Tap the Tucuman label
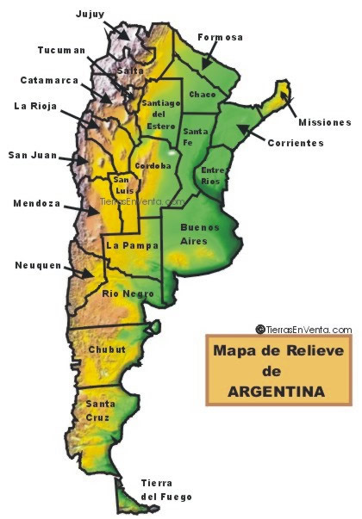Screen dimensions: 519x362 click(x=62, y=50)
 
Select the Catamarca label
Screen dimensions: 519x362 click(x=49, y=80)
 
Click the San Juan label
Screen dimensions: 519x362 click(x=33, y=156)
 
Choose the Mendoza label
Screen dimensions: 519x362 click(x=36, y=204)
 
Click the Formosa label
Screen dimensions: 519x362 click(x=220, y=37)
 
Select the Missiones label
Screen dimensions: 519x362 click(x=325, y=122)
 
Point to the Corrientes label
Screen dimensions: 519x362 click(x=295, y=143)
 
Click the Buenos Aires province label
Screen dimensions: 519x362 click(x=199, y=235)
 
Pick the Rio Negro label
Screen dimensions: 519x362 click(x=128, y=293)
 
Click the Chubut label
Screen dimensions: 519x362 click(x=106, y=349)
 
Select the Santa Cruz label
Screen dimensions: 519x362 click(x=97, y=410)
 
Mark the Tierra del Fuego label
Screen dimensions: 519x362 click(x=166, y=490)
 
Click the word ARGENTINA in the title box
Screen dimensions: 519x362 click(x=277, y=391)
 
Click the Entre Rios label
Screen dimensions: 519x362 click(x=212, y=176)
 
